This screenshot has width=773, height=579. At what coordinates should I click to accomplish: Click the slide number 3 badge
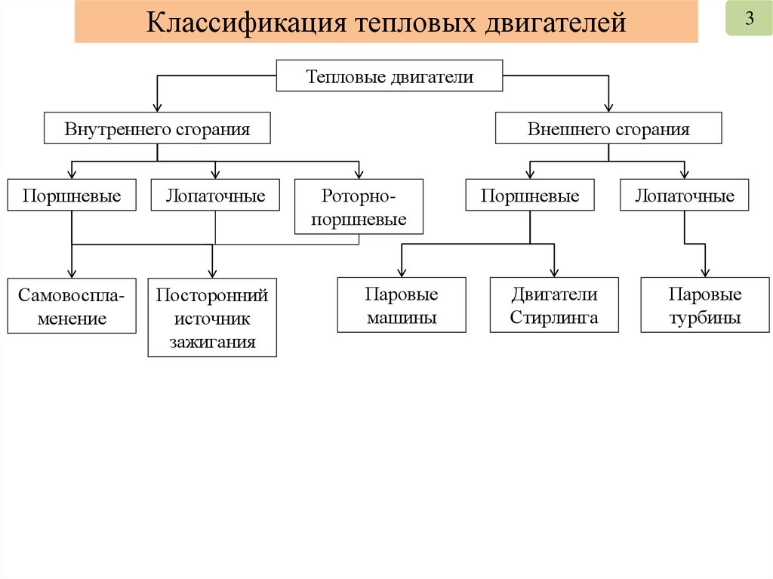coord(750,20)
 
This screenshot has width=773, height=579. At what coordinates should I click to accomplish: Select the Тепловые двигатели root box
coord(389,77)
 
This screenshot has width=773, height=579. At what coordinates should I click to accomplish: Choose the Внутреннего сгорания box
coord(157,128)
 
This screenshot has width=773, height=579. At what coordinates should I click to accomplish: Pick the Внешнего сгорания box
coord(608,128)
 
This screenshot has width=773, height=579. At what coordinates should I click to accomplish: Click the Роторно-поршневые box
coord(359,208)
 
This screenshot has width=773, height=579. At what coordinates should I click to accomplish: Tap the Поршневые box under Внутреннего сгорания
coord(72,196)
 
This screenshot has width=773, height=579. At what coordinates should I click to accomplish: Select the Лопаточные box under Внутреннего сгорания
coord(215,196)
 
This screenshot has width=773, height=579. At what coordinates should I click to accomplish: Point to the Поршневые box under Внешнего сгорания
coord(530,196)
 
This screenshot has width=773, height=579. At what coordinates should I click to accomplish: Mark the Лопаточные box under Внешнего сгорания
coord(684,196)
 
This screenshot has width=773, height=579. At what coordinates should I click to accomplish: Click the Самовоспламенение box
coord(72,306)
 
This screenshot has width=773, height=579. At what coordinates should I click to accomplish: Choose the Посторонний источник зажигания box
coord(212,317)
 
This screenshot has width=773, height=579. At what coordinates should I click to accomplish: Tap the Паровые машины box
coord(402,305)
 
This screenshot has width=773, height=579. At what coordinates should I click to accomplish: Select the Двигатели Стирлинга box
coord(554,305)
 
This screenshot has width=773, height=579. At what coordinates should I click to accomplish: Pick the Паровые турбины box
coord(705,305)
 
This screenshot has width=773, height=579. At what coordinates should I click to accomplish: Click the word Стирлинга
coord(554,317)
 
